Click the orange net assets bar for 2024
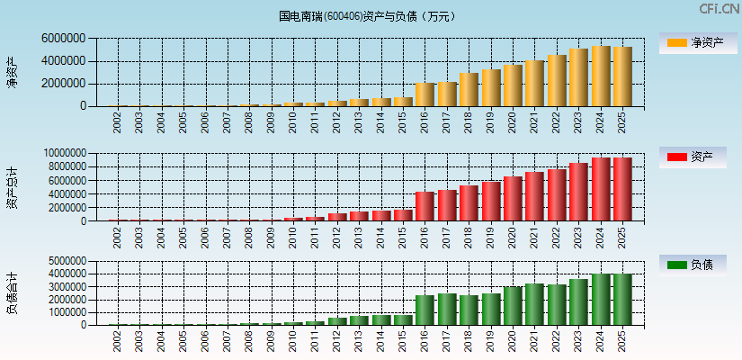tap(601, 76)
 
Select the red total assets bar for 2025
tap(622, 190)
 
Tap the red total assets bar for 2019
tap(491, 202)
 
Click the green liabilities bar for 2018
tap(469, 310)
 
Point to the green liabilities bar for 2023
tap(578, 302)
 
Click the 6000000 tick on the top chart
tap(64, 40)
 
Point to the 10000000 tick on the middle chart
tap(60, 154)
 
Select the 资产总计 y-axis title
tap(12, 187)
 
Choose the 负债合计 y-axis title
tap(12, 292)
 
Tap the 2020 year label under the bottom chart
tap(513, 341)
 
